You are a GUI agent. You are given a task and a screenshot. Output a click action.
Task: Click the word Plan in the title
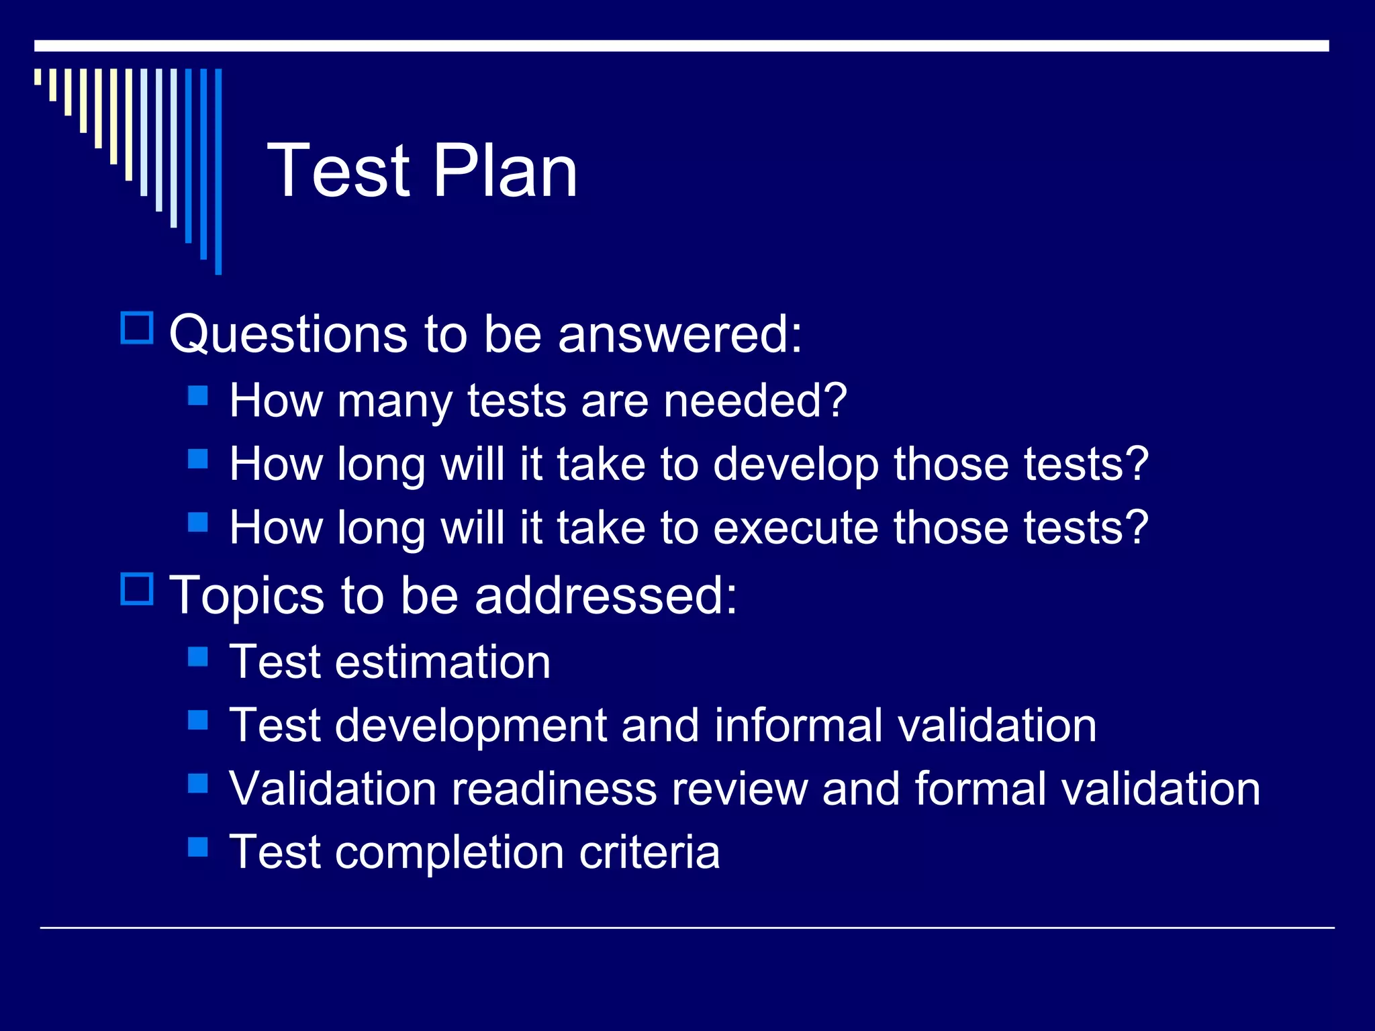pyautogui.click(x=505, y=171)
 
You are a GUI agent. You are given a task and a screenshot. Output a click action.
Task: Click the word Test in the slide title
pyautogui.click(x=338, y=171)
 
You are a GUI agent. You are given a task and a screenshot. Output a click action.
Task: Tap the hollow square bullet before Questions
pyautogui.click(x=137, y=328)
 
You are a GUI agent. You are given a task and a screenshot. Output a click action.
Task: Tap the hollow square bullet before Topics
pyautogui.click(x=137, y=589)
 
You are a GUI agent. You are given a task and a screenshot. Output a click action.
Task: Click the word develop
pyautogui.click(x=795, y=464)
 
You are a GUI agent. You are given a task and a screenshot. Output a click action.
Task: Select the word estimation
pyautogui.click(x=443, y=662)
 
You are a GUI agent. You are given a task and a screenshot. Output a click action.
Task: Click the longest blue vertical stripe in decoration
pyautogui.click(x=218, y=171)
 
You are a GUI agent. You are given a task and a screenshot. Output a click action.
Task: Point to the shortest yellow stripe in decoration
pyautogui.click(x=38, y=77)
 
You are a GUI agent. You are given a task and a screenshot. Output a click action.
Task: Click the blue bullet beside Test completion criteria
pyautogui.click(x=198, y=846)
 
